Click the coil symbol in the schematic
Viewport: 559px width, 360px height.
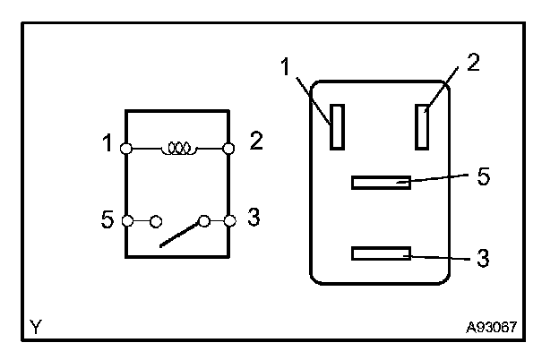pos(178,148)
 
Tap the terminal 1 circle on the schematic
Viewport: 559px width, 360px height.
pos(127,148)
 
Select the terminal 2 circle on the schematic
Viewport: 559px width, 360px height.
pos(229,148)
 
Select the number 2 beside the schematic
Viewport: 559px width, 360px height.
pos(256,142)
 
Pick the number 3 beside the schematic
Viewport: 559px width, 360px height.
pos(254,218)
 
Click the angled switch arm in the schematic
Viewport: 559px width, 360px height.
pos(182,234)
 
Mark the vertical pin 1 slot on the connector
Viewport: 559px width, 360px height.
pos(337,126)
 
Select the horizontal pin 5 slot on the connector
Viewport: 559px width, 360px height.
pos(381,183)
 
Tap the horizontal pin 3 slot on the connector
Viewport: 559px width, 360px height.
pos(381,254)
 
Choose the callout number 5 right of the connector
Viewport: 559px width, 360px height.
pos(484,176)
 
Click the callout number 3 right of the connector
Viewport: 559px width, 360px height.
pos(484,259)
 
